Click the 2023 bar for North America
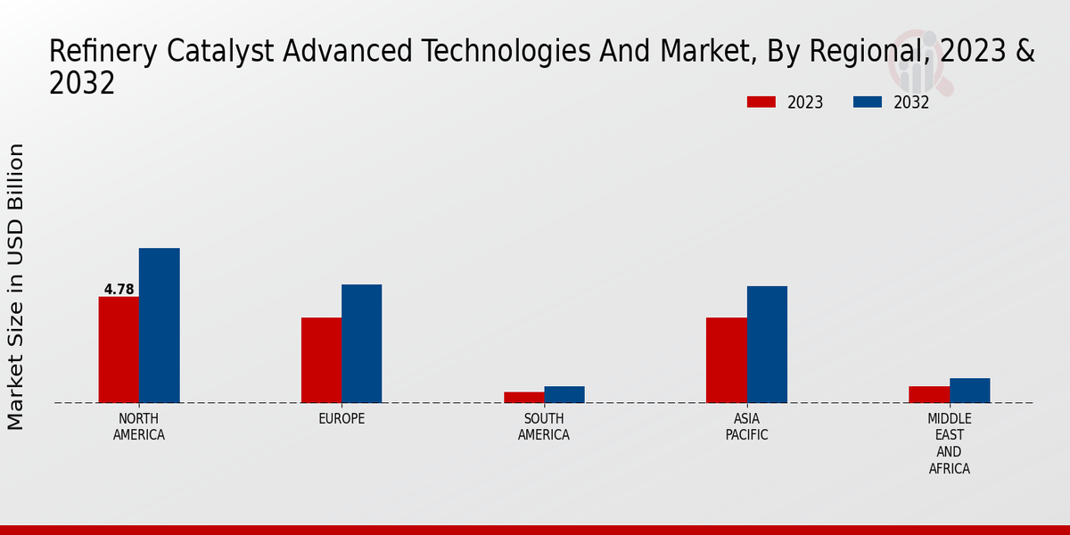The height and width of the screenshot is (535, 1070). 119,350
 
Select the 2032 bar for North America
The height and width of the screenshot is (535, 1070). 160,325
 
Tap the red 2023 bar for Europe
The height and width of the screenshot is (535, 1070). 321,360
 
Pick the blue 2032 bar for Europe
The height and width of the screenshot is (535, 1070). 362,343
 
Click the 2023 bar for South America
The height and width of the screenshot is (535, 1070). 523,398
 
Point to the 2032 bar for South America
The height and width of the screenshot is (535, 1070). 564,394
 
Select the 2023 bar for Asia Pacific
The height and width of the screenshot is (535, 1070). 727,360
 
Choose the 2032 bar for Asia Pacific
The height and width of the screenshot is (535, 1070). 767,344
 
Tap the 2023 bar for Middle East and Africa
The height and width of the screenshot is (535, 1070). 929,394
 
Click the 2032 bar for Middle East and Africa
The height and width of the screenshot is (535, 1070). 970,391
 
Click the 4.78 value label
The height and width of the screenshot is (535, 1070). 119,289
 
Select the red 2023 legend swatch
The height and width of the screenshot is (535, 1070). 761,103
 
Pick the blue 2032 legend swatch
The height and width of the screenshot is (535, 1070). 867,103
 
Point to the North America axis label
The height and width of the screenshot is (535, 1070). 139,427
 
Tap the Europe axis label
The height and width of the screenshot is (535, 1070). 342,419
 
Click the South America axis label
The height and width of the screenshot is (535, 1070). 544,427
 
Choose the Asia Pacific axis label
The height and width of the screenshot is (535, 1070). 746,427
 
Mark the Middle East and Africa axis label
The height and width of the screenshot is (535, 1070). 950,443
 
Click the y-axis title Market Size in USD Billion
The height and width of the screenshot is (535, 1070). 16,286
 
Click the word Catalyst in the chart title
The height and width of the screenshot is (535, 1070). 220,52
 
